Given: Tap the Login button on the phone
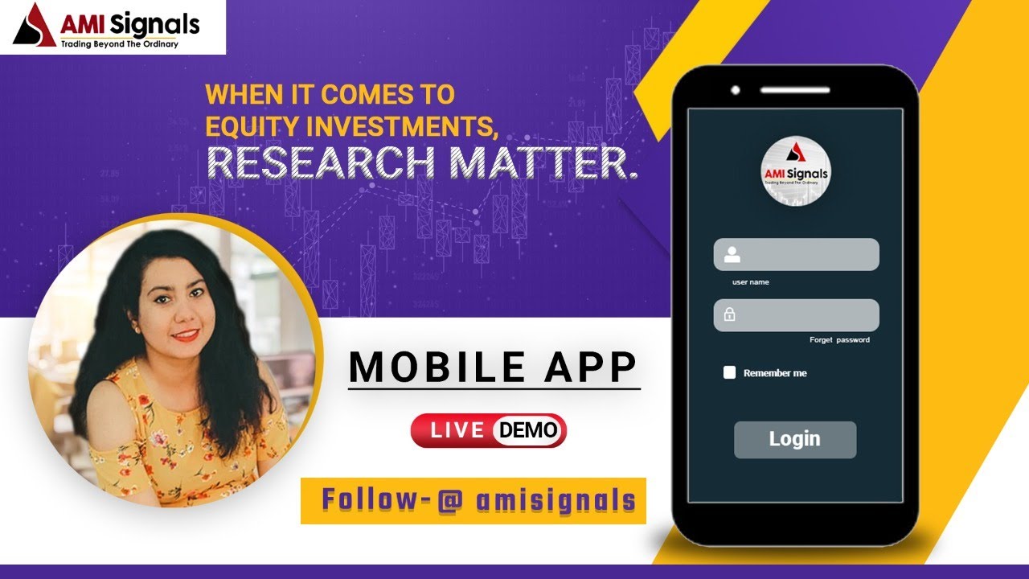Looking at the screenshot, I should pyautogui.click(x=794, y=439).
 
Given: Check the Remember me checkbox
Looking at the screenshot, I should pyautogui.click(x=729, y=372).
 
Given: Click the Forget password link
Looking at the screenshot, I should pyautogui.click(x=839, y=340).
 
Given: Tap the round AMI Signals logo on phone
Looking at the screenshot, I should pyautogui.click(x=794, y=171).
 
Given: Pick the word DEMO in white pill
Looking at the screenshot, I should pyautogui.click(x=528, y=430).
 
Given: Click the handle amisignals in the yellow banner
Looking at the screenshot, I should pyautogui.click(x=555, y=500).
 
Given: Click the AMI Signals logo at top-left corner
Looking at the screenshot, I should pyautogui.click(x=113, y=27).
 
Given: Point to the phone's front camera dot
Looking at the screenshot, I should pyautogui.click(x=735, y=89).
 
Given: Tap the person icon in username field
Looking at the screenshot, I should pyautogui.click(x=732, y=255).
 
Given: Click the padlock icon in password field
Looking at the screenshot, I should pyautogui.click(x=729, y=315).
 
